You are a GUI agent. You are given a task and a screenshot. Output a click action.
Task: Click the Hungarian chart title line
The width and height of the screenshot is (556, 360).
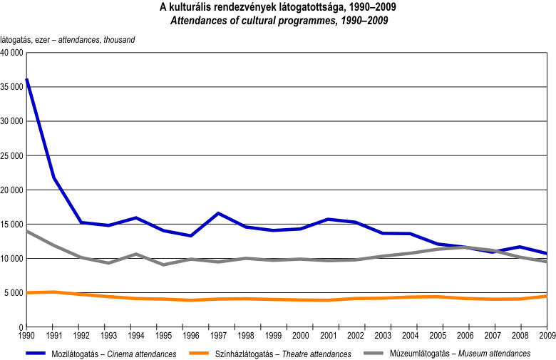coord(279,7)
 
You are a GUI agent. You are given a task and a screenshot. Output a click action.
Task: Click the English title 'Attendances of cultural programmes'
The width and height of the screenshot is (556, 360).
coord(279,21)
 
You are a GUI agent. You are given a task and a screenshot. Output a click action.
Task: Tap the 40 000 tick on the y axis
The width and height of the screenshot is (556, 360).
coord(12,53)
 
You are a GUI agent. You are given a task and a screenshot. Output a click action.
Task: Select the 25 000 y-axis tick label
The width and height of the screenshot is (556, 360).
coord(12,155)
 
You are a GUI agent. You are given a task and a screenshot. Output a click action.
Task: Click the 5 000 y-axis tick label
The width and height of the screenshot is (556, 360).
coord(15,293)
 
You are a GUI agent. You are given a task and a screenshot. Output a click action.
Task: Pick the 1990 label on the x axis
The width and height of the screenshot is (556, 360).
coord(26,334)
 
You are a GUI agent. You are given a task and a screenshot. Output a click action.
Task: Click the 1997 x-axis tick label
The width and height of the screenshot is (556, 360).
coord(218,334)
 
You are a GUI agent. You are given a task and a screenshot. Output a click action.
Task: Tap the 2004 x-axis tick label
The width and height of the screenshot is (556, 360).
coord(410,334)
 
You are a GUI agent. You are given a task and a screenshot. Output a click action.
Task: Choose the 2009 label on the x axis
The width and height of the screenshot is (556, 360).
coord(547,334)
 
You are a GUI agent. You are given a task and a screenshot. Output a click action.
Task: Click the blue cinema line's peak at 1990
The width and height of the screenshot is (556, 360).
coord(26,79)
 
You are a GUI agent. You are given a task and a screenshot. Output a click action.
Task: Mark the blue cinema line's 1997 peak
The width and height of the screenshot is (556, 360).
coord(218,213)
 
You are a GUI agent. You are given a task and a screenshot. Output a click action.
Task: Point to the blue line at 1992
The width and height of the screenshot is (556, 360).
coord(81,222)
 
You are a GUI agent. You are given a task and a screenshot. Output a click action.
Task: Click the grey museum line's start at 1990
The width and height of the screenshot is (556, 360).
coord(26,231)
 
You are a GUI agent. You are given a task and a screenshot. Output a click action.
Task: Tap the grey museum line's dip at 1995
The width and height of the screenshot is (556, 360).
coord(163,264)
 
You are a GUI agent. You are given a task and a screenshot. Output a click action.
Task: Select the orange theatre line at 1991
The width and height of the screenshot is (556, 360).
coord(54,292)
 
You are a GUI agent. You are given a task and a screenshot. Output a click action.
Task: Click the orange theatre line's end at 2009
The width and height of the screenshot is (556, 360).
coord(547,296)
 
